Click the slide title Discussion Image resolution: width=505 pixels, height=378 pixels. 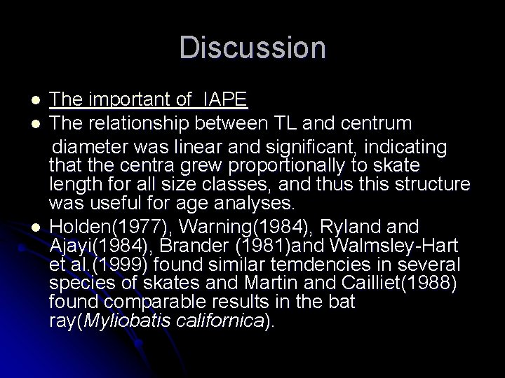click(x=252, y=48)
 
